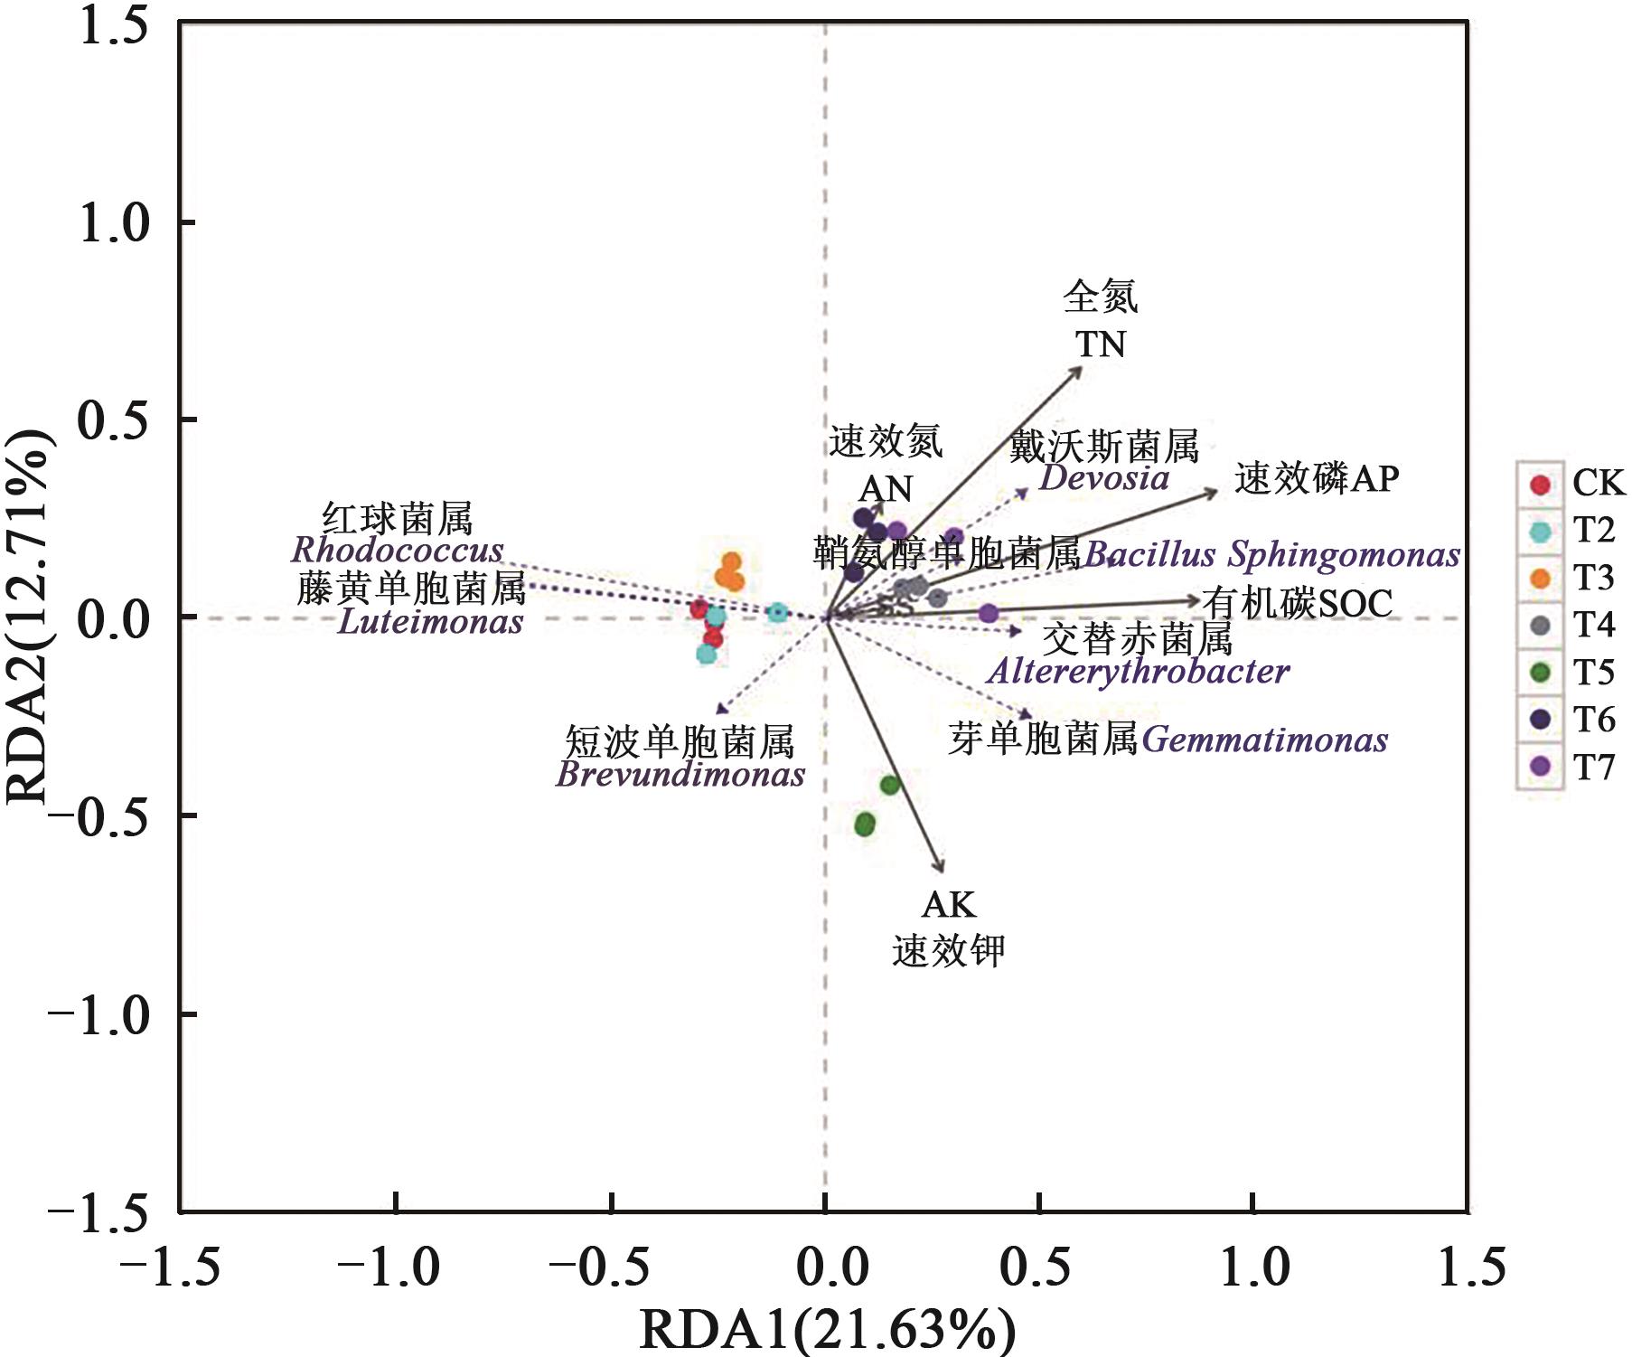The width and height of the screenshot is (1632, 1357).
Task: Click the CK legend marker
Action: click(1541, 485)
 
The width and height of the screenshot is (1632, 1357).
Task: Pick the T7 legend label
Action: click(1594, 768)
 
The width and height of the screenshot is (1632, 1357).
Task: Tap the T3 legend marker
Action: click(1541, 579)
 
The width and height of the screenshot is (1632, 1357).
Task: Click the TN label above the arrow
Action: click(1101, 344)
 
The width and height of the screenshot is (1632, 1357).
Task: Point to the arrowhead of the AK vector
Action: click(943, 870)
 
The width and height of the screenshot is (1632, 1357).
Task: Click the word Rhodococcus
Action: click(398, 550)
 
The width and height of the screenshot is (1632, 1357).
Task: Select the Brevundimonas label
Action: click(680, 775)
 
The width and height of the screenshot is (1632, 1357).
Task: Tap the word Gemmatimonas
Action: click(1264, 740)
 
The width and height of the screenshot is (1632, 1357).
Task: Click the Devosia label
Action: click(1103, 477)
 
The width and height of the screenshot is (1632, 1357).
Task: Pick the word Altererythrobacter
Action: click(1139, 672)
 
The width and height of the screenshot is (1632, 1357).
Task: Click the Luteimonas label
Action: click(430, 622)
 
